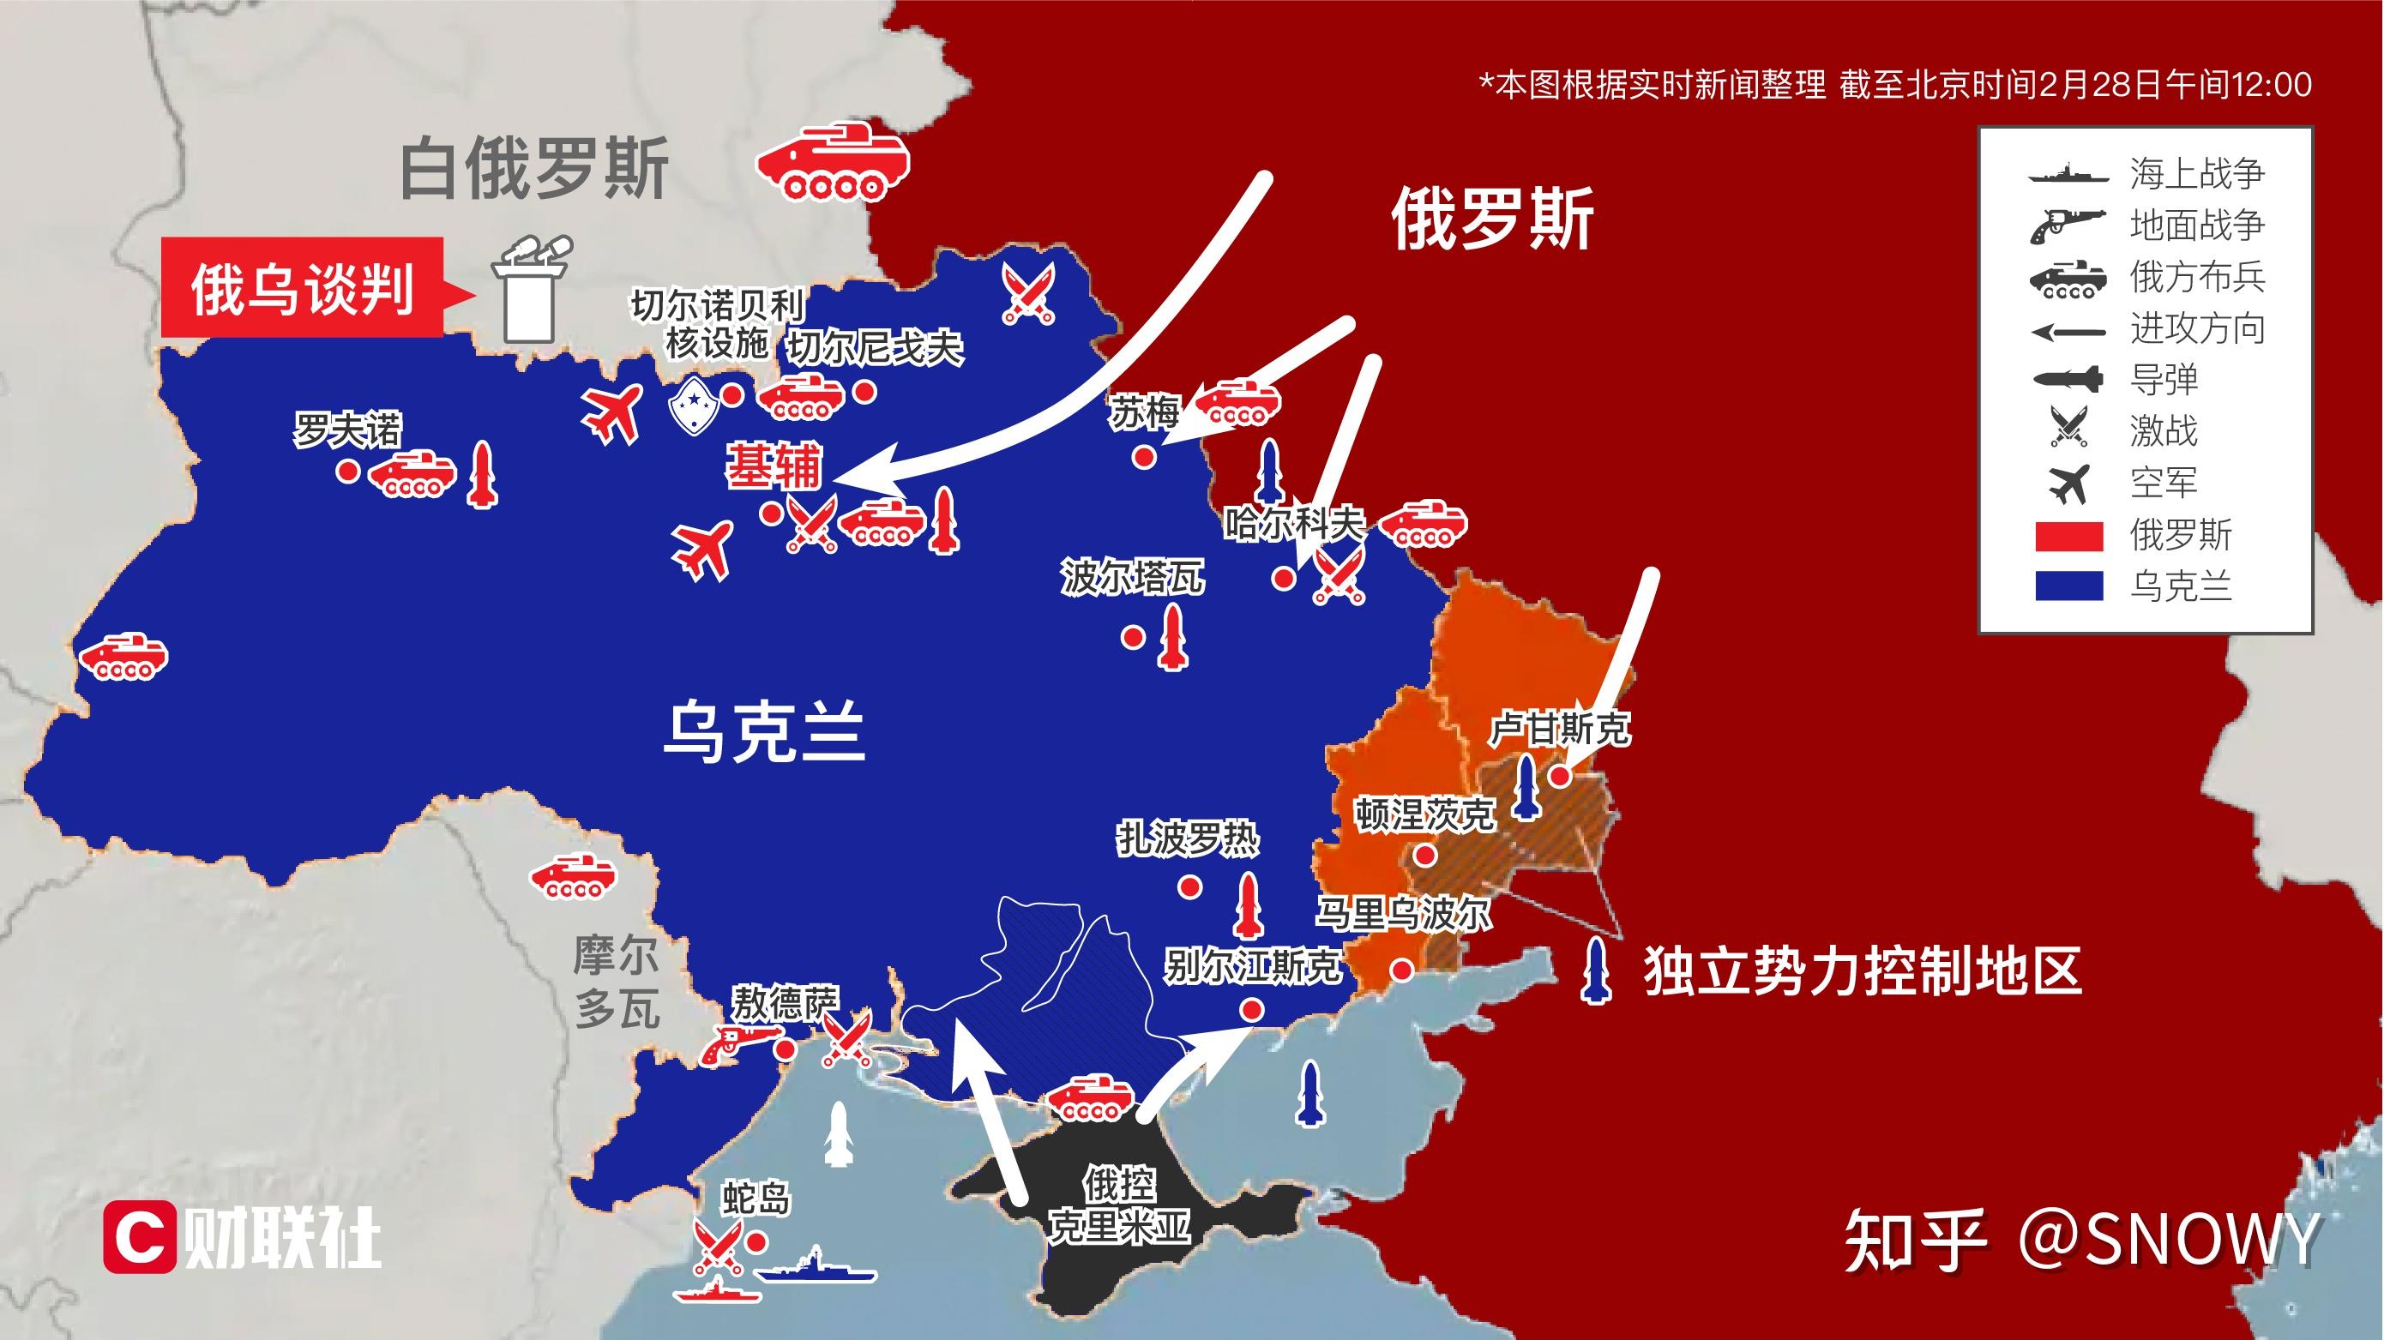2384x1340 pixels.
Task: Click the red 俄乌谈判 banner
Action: click(302, 289)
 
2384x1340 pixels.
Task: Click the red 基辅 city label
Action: click(774, 466)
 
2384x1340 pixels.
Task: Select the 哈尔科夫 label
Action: click(1294, 525)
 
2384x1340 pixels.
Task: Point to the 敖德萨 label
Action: click(785, 1002)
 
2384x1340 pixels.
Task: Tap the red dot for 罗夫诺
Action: click(348, 471)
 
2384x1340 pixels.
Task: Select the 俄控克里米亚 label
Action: click(1118, 1205)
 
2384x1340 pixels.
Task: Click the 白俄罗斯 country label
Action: click(534, 168)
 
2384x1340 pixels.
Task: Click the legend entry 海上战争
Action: click(2196, 173)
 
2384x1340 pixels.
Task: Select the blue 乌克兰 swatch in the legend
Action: click(2068, 586)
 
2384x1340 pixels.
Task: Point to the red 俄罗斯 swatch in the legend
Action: click(2068, 536)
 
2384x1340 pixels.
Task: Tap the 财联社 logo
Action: click(243, 1236)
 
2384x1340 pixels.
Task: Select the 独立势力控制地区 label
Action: click(1863, 970)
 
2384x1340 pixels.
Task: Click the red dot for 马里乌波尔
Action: click(1401, 970)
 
